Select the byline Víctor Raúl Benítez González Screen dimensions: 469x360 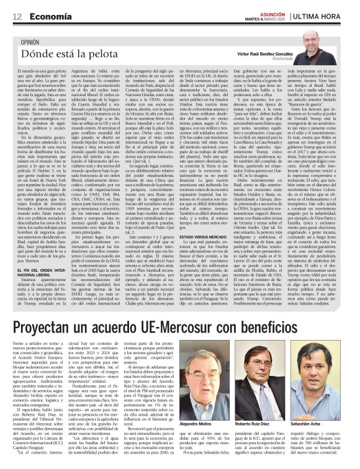click(x=264, y=54)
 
